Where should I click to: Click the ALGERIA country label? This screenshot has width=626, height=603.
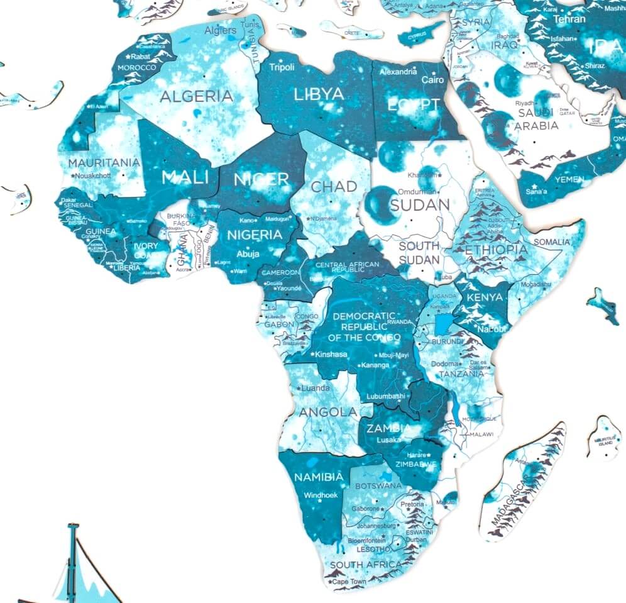pyautogui.click(x=196, y=96)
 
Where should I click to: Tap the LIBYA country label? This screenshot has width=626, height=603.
pyautogui.click(x=319, y=94)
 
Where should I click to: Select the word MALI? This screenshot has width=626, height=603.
pyautogui.click(x=184, y=177)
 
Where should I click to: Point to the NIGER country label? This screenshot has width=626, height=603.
pyautogui.click(x=261, y=179)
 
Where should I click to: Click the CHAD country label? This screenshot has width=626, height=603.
pyautogui.click(x=334, y=186)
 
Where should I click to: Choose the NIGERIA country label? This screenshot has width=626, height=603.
pyautogui.click(x=254, y=235)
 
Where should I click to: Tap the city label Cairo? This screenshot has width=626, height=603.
pyautogui.click(x=432, y=80)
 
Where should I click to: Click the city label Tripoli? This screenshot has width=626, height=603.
pyautogui.click(x=282, y=67)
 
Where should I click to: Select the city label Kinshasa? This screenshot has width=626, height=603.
pyautogui.click(x=332, y=354)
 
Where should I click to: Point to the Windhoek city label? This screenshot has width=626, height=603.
pyautogui.click(x=321, y=495)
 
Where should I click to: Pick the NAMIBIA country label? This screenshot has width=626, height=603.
pyautogui.click(x=319, y=477)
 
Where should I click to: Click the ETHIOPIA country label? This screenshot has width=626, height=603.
pyautogui.click(x=496, y=250)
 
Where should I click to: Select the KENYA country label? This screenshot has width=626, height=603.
pyautogui.click(x=485, y=297)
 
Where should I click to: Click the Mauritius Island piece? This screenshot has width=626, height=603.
pyautogui.click(x=605, y=438)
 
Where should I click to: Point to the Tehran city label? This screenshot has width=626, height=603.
pyautogui.click(x=569, y=19)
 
